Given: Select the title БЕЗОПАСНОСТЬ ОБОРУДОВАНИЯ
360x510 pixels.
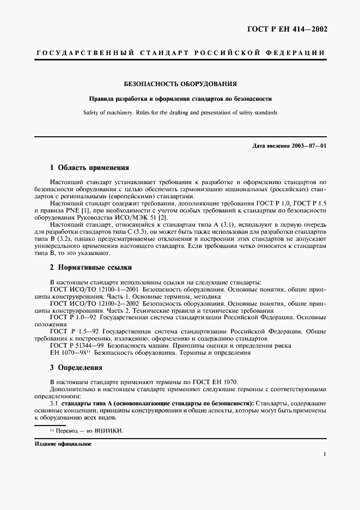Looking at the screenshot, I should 180,84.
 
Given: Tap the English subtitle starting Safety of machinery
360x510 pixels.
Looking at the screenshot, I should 180,113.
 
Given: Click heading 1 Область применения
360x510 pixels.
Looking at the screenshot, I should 89,168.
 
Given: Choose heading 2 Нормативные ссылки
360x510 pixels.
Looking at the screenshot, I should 91,268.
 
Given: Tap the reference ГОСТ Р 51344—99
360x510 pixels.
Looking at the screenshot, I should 77,345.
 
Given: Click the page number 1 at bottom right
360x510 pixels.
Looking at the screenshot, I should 324,453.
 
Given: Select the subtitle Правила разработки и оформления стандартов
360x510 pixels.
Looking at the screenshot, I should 180,99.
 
